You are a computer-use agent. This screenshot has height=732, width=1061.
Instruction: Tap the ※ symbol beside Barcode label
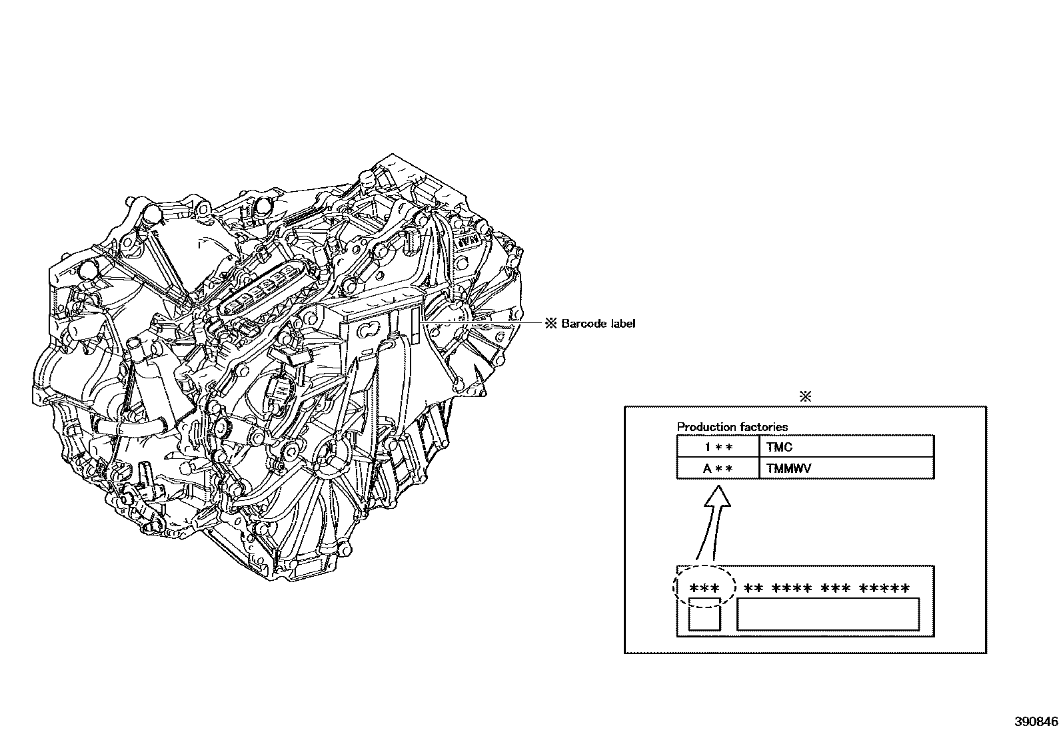[550, 324]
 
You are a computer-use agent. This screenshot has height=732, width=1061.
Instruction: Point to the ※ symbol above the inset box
[805, 396]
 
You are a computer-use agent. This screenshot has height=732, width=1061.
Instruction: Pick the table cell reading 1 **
[718, 448]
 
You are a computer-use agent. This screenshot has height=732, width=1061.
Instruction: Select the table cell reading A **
[718, 468]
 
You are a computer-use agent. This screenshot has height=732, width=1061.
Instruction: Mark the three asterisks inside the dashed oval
[704, 589]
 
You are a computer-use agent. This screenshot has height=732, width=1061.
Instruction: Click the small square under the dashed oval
[704, 614]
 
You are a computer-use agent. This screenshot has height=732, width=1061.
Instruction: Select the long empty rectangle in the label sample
[828, 614]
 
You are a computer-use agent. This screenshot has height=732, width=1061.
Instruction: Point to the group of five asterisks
[884, 589]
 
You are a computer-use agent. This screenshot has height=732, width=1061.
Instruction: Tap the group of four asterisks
[792, 589]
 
